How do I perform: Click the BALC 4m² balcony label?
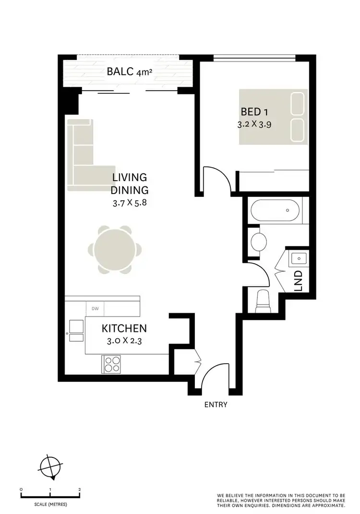point(130,73)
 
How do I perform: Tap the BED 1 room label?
point(254,112)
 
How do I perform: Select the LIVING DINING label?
point(130,184)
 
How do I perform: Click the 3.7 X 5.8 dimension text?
point(129,203)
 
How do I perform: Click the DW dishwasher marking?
point(95,308)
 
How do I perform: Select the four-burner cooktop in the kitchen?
point(111,363)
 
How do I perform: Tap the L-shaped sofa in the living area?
point(82,159)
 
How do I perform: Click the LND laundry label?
point(298,281)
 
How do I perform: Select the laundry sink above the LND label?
point(298,259)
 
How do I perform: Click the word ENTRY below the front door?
point(216,404)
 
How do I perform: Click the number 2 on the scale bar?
point(79,489)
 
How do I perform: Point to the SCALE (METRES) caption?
point(50,504)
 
